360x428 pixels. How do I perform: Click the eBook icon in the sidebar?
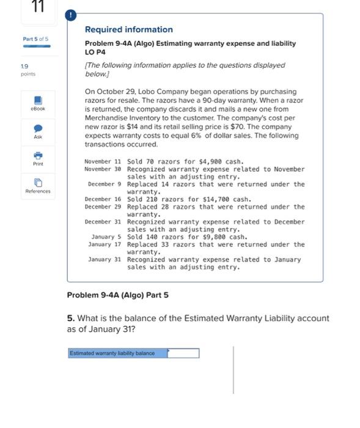[37, 100]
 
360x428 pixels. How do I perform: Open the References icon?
[37, 183]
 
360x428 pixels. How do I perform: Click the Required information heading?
[128, 29]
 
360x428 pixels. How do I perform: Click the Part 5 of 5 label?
[35, 39]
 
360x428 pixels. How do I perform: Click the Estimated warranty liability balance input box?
[183, 353]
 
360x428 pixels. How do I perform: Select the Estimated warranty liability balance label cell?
[117, 353]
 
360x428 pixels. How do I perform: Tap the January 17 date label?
[105, 245]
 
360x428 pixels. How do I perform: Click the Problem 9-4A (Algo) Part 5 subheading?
[117, 295]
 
